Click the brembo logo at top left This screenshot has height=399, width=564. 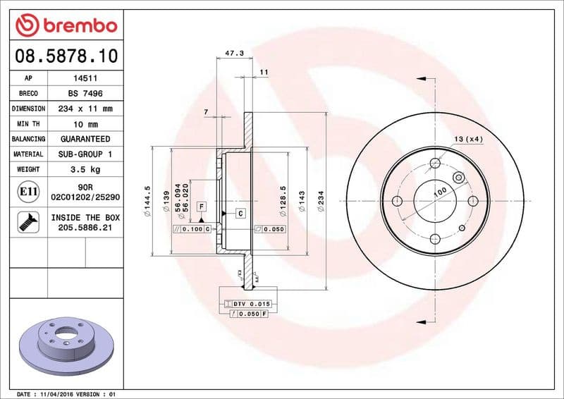click(65, 25)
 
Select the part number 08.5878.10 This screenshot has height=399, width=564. click(66, 55)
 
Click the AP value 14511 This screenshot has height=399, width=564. click(81, 78)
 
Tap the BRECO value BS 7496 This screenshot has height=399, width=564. click(81, 93)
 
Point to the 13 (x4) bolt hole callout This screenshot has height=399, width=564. click(469, 139)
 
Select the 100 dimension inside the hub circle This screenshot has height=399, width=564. click(440, 191)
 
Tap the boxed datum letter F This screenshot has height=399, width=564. click(201, 206)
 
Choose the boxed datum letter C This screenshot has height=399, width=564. click(240, 213)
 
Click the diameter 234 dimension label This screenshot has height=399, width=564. click(321, 198)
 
